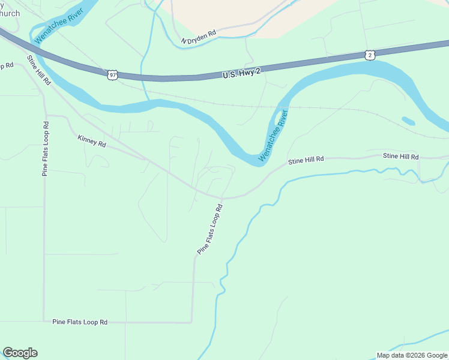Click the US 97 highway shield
pyautogui.click(x=113, y=75)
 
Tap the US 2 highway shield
pyautogui.click(x=370, y=55)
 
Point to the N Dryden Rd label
pyautogui.click(x=198, y=38)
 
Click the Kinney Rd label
pyautogui.click(x=91, y=141)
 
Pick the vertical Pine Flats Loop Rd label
pyautogui.click(x=45, y=148)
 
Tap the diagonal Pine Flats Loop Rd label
pyautogui.click(x=210, y=229)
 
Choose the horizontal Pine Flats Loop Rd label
pyautogui.click(x=80, y=322)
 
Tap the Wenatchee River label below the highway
pyautogui.click(x=273, y=136)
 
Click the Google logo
pyautogui.click(x=20, y=353)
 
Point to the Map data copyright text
pyautogui.click(x=412, y=355)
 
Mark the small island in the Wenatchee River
pyautogui.click(x=408, y=121)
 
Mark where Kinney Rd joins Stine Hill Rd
pyautogui.click(x=146, y=159)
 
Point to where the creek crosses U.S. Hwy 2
pyautogui.click(x=142, y=77)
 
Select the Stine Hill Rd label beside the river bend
pyautogui.click(x=306, y=160)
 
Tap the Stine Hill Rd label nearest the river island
pyautogui.click(x=401, y=157)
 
